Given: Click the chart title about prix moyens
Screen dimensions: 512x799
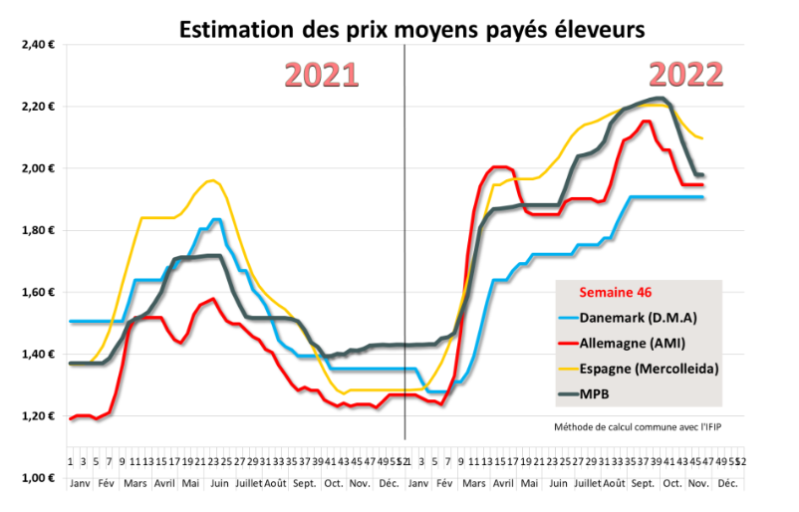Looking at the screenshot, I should coord(411,30).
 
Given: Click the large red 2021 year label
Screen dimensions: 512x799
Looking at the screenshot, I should coord(322,76).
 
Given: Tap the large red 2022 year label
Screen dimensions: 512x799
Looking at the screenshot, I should coord(686,74).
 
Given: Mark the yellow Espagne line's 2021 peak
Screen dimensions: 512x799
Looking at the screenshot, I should coord(211,180).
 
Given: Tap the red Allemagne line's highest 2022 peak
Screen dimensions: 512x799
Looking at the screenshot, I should coord(647,122).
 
